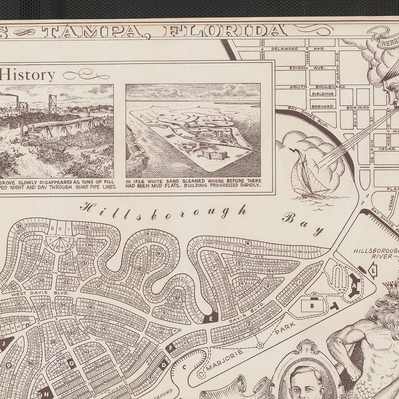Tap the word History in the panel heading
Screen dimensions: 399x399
[29, 74]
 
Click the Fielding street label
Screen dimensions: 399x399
[323, 94]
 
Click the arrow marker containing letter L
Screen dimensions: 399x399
[373, 271]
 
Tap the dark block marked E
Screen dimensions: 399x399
[211, 319]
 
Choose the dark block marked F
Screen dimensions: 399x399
[170, 348]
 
